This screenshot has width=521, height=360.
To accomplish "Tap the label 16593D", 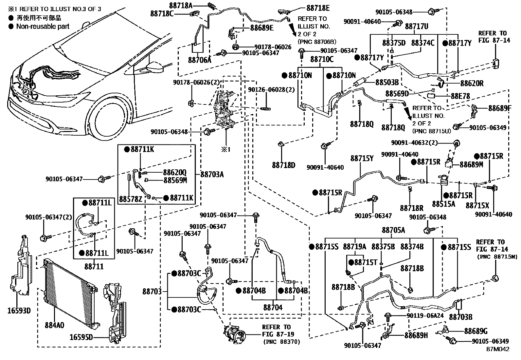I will tap(19, 310).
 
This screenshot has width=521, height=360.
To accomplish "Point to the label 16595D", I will tap(81, 336).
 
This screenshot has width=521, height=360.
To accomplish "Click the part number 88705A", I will tap(393, 230).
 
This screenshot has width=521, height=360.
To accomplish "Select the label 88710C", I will tap(322, 59).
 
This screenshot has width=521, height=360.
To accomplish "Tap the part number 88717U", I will tap(417, 26).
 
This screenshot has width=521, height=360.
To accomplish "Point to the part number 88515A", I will tap(443, 204).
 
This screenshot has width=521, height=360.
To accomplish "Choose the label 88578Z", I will tap(131, 199).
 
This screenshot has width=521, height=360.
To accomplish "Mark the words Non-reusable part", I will tap(43, 27).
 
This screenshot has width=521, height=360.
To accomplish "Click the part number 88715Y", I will tap(362, 159).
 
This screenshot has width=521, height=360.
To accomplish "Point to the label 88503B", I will tap(387, 82).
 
